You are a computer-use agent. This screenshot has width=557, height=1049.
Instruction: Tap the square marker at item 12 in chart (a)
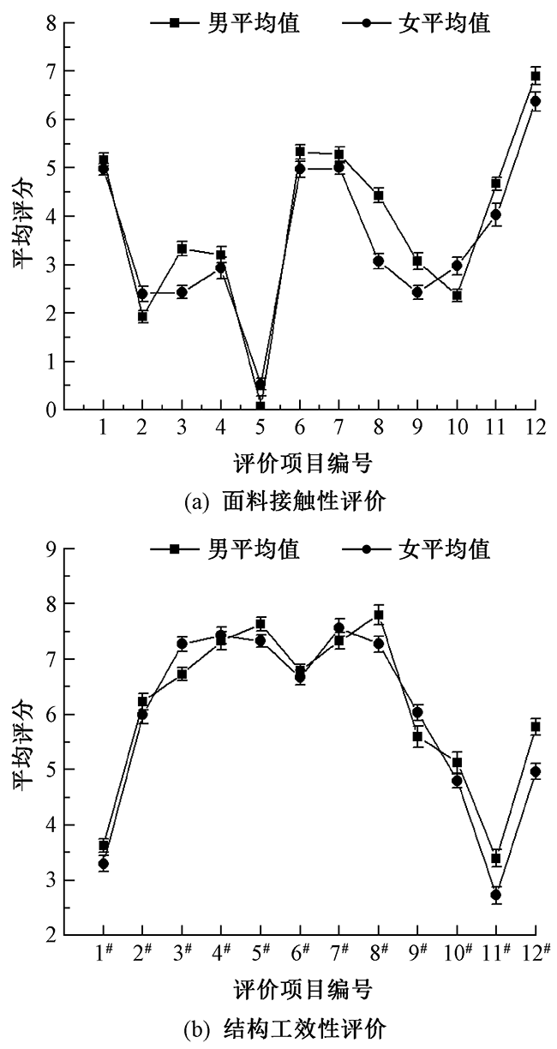click(536, 76)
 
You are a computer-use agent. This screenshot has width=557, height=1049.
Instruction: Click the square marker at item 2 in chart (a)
click(142, 316)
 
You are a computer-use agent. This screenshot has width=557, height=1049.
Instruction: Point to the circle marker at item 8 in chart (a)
click(378, 261)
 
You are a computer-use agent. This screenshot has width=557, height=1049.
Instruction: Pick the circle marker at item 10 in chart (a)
click(457, 266)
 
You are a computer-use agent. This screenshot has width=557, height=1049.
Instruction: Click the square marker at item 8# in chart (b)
click(378, 615)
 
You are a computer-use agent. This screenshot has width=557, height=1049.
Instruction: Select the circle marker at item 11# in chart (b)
click(496, 895)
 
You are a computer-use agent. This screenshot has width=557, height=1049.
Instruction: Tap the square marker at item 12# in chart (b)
click(536, 727)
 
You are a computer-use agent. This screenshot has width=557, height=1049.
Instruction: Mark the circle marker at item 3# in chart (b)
click(182, 644)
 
